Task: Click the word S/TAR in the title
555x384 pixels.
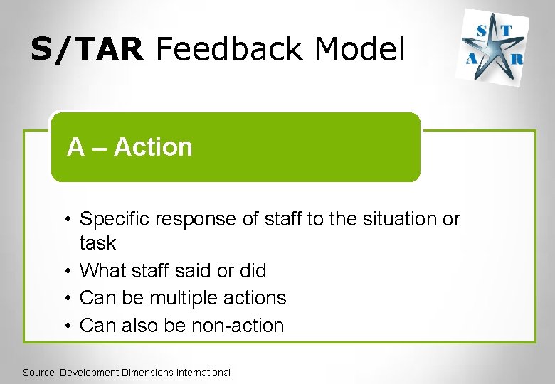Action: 87,50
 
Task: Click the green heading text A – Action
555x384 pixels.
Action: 129,147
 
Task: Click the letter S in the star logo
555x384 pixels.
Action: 482,29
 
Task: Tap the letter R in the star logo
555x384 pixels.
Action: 517,60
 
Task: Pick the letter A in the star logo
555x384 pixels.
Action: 471,60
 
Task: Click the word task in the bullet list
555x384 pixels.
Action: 97,243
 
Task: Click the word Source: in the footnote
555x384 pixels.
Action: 40,373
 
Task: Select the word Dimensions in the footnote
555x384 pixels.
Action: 149,373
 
